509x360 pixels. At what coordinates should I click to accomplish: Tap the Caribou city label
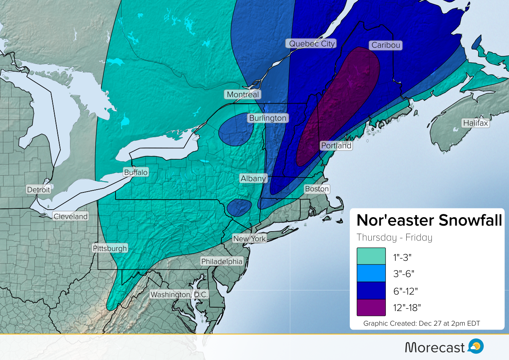pyautogui.click(x=385, y=45)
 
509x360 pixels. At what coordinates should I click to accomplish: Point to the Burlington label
pyautogui.click(x=267, y=118)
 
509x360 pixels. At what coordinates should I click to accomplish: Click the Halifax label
pyautogui.click(x=475, y=123)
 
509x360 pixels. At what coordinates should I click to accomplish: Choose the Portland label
pyautogui.click(x=336, y=146)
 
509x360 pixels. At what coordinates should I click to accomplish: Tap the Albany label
pyautogui.click(x=253, y=179)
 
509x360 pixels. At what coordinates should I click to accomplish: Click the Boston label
pyautogui.click(x=317, y=189)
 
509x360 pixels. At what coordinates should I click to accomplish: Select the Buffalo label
pyautogui.click(x=136, y=172)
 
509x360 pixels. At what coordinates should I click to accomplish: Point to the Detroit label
pyautogui.click(x=38, y=190)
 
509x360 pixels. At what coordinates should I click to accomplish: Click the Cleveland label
pyautogui.click(x=70, y=216)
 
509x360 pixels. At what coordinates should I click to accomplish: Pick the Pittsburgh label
pyautogui.click(x=110, y=248)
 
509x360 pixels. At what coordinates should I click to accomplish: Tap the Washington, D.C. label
pyautogui.click(x=179, y=294)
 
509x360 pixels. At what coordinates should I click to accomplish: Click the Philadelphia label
pyautogui.click(x=222, y=262)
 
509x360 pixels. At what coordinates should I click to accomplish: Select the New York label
pyautogui.click(x=249, y=239)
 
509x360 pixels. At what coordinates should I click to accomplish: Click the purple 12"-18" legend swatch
pyautogui.click(x=371, y=308)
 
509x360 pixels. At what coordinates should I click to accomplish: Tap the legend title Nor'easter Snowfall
pyautogui.click(x=429, y=220)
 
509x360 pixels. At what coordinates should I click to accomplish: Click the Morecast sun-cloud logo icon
pyautogui.click(x=476, y=346)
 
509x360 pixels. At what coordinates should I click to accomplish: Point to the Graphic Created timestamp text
pyautogui.click(x=421, y=323)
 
